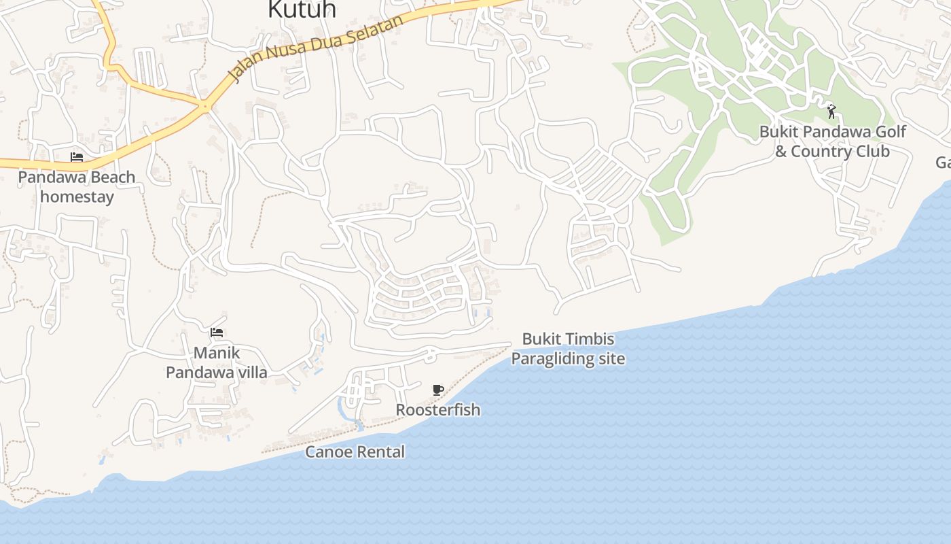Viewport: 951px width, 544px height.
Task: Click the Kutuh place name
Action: pos(302,10)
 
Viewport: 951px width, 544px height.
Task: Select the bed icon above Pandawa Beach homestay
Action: pos(77,157)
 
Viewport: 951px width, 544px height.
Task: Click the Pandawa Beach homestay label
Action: pos(77,187)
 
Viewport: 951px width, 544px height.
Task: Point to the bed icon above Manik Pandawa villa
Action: pos(217,333)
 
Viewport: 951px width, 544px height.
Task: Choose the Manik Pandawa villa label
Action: pos(217,363)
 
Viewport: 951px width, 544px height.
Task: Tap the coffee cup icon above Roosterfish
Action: pos(438,390)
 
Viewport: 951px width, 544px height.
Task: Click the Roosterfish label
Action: pos(438,410)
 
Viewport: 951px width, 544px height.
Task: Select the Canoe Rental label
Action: pos(355,452)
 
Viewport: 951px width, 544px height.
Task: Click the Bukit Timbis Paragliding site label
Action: pos(568,349)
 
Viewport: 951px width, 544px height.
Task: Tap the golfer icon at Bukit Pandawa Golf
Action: pos(831,111)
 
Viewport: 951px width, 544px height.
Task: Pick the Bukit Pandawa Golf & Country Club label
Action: pos(833,141)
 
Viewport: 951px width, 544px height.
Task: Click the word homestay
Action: pos(77,197)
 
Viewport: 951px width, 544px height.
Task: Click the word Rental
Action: pos(382,452)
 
